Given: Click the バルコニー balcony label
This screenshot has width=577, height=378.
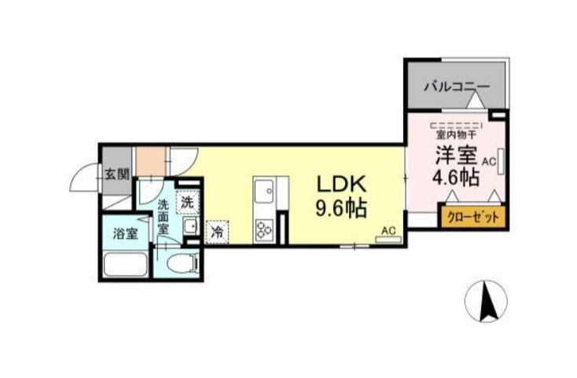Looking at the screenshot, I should click(457, 87).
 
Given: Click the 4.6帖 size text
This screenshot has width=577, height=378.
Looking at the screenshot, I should click(455, 177).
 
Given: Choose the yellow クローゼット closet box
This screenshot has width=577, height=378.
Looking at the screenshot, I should click(472, 217).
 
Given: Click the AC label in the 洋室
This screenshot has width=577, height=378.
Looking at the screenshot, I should click(489, 161).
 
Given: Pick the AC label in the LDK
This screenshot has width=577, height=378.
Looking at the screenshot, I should click(388, 230).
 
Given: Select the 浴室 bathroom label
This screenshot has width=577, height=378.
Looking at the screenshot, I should click(125, 233).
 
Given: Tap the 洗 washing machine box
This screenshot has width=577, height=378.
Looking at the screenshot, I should click(188, 201).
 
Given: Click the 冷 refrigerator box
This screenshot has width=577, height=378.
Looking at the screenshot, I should click(215, 232).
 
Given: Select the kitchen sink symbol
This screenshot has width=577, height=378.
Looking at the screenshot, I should click(263, 191).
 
